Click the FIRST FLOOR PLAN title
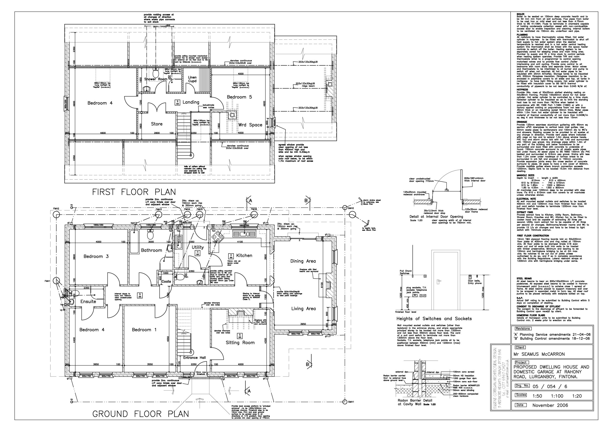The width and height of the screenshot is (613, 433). coord(134,192)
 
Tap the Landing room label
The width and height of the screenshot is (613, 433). coord(191,102)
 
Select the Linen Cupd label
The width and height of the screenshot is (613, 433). coord(192,79)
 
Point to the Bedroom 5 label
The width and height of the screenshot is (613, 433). coord(239,97)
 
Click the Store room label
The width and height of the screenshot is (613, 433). coord(157,124)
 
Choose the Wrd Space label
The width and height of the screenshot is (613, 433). coord(250,125)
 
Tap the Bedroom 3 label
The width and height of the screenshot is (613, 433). coord(96,256)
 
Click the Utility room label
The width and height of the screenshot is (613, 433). coord(198,247)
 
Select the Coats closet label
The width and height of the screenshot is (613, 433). coord(166,281)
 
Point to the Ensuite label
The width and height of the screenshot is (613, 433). coord(88,301)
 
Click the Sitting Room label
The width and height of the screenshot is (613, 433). coord(240,343)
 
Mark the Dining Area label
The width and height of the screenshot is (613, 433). coord(303,261)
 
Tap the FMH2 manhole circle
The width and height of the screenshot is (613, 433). coord(56,215)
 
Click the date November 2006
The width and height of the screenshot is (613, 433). coord(550,405)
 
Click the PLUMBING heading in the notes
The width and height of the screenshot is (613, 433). coord(522,35)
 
